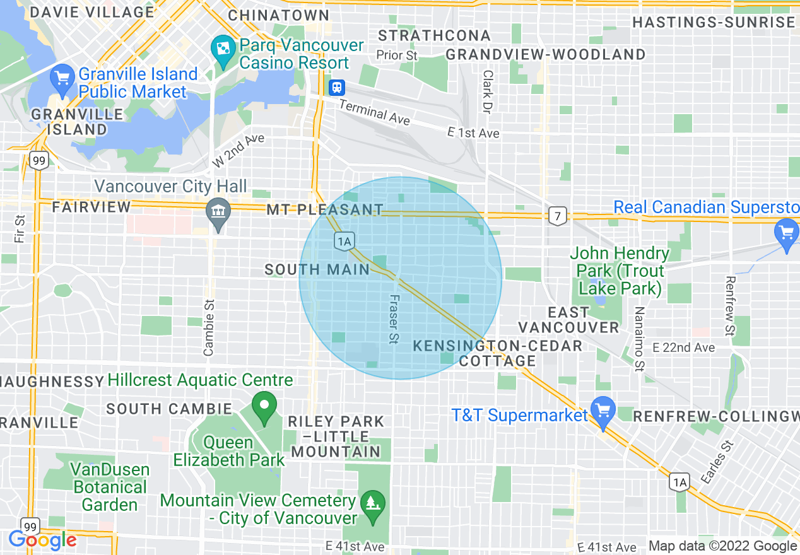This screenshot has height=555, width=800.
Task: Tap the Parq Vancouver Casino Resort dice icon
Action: point(223,49)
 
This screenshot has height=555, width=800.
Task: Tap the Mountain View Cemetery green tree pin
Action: point(373,504)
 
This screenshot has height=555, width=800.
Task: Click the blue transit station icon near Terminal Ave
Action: point(337,87)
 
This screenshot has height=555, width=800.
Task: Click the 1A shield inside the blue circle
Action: point(344,240)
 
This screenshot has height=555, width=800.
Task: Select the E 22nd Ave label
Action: point(684,348)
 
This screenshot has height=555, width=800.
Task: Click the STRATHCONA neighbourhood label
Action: point(434,35)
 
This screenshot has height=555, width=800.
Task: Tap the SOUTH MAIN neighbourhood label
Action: point(317,270)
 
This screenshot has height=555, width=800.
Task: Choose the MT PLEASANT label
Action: point(324,209)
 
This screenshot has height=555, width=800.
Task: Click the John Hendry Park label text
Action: point(620,271)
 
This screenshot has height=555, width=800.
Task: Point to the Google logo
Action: point(42,540)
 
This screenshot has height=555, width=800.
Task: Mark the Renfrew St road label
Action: point(730,306)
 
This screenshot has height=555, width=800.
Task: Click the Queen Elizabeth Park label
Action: point(229,451)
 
